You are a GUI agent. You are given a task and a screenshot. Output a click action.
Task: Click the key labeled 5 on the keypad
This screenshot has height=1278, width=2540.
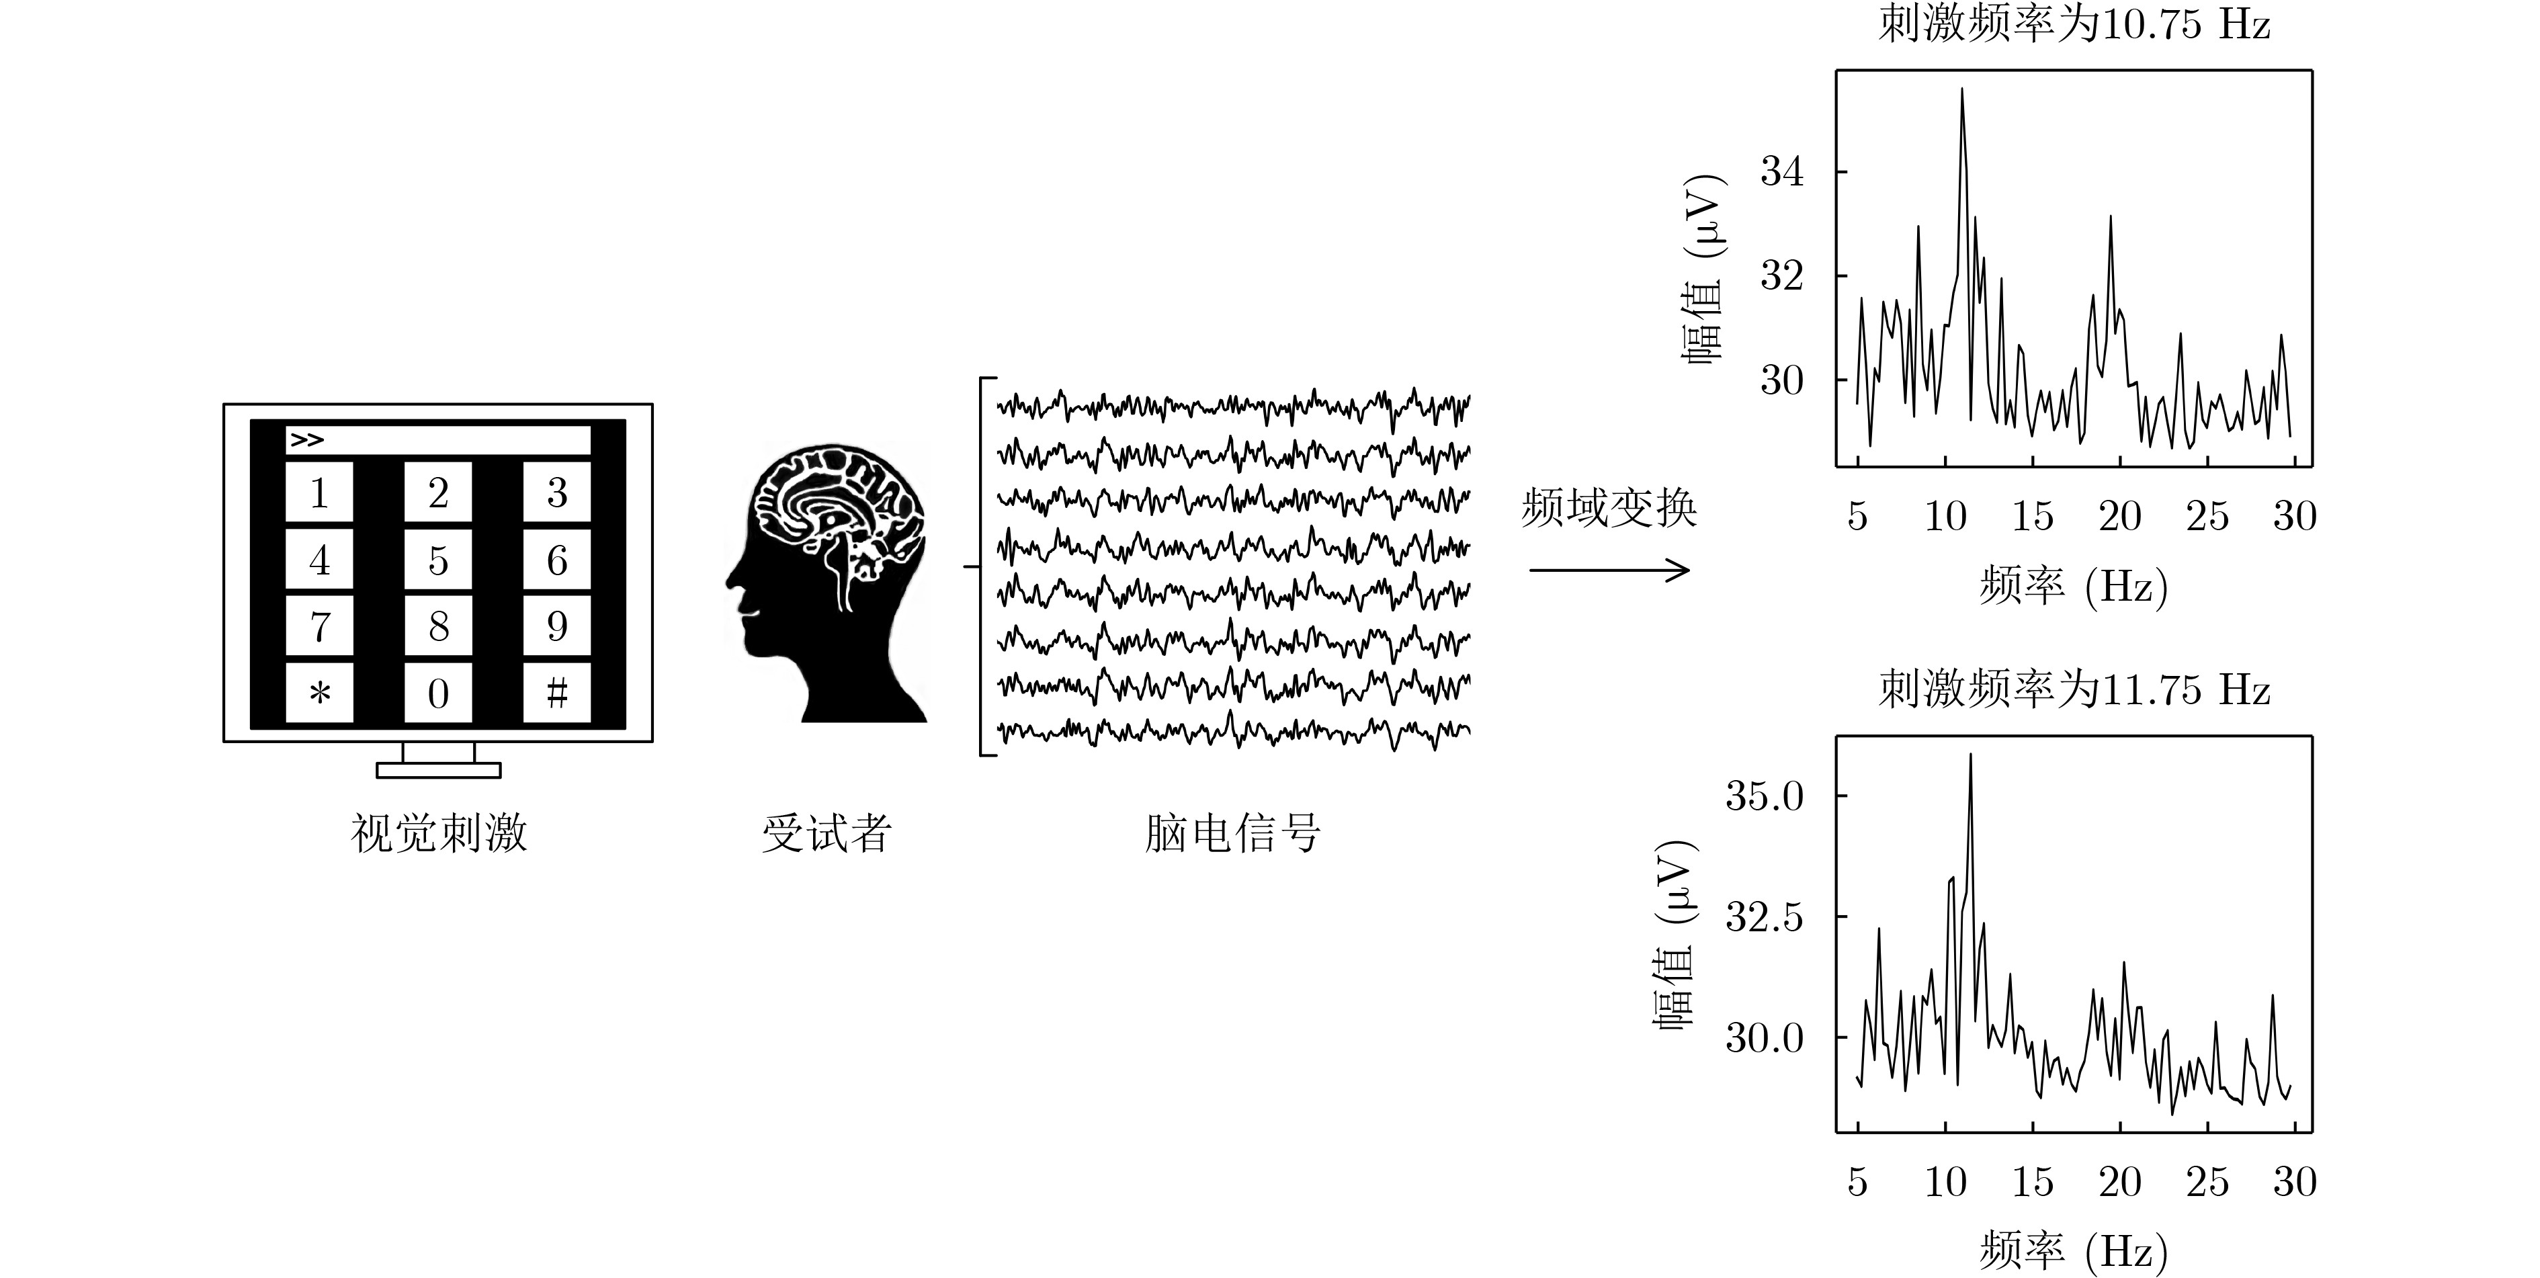pos(438,560)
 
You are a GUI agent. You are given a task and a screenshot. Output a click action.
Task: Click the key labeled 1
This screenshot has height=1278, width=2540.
pos(319,492)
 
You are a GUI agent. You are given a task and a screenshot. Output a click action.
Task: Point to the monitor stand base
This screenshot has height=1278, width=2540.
pos(439,770)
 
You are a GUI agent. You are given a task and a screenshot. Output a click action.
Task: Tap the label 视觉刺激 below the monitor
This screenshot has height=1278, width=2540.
pos(439,833)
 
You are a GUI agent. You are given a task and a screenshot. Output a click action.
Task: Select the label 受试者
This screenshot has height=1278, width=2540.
pos(827,833)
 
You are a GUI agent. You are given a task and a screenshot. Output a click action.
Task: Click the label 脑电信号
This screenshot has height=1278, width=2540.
pos(1232,833)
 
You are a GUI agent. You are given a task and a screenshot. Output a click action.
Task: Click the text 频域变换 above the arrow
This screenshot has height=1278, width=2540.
pos(1609,509)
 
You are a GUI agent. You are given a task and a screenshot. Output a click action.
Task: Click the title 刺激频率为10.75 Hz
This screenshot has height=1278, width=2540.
pos(2074,24)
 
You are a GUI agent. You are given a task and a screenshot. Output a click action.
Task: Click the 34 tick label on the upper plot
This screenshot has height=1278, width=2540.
pos(1782,171)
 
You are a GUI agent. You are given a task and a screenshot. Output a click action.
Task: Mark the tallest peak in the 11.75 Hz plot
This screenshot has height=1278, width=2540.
pos(1970,755)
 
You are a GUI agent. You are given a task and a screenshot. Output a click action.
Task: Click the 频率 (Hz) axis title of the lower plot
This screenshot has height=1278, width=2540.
pos(2074,1250)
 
